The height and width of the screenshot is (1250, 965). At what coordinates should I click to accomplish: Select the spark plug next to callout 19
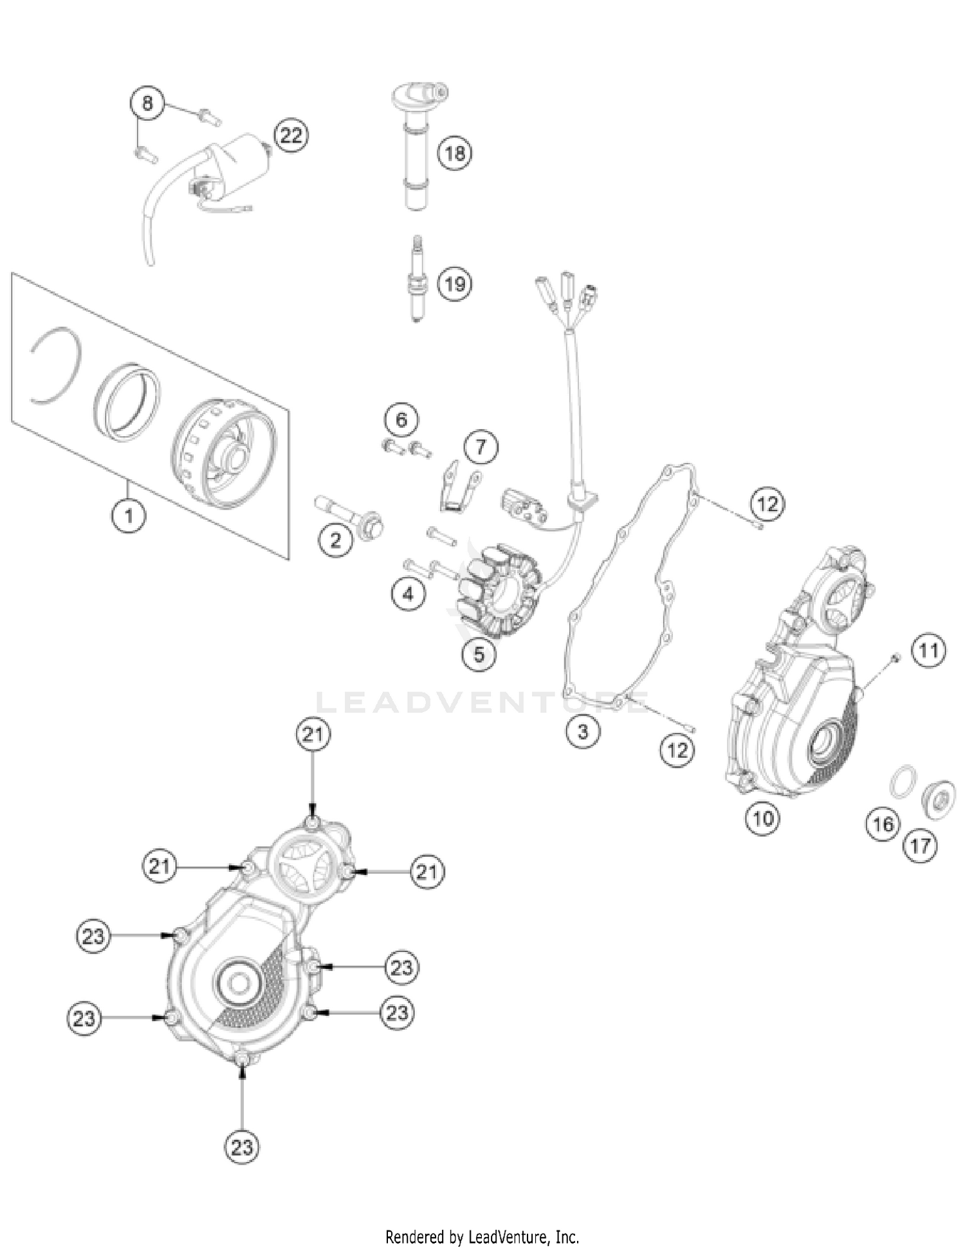(417, 279)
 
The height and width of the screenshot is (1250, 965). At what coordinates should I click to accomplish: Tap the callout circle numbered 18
(455, 153)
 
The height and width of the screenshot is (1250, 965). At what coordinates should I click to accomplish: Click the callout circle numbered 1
(129, 515)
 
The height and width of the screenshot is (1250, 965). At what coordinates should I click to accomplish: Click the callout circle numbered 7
(481, 446)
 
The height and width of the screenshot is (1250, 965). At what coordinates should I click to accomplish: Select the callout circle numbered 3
(583, 731)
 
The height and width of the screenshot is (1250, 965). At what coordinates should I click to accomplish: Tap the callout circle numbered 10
(762, 818)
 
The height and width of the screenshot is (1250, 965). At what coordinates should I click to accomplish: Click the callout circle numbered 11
(928, 651)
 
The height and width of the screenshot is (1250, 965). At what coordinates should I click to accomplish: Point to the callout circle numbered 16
(883, 823)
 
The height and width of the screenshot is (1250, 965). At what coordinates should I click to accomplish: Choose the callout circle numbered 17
(920, 845)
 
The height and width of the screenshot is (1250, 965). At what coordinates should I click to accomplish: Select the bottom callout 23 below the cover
(242, 1147)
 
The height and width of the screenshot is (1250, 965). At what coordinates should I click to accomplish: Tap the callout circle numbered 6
(401, 420)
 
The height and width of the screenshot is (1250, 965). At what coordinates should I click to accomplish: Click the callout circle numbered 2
(336, 540)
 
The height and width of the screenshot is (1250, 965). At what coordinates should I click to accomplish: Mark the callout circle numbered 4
(409, 593)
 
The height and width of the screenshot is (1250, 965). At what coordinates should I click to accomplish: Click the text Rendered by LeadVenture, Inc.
(482, 1236)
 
